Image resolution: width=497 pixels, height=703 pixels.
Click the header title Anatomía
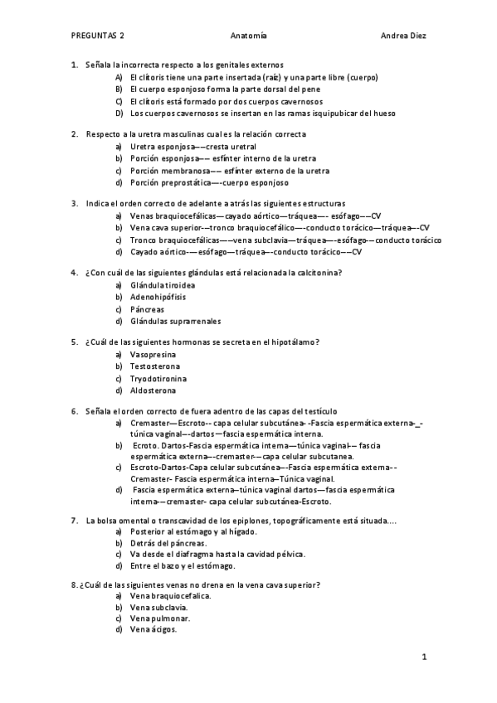coord(249,36)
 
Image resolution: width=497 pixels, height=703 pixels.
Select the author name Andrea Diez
coord(403,36)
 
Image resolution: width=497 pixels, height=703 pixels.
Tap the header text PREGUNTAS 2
coord(98,36)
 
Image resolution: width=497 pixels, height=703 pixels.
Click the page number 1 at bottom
coord(423,658)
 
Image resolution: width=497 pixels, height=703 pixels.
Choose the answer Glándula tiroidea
coord(162,284)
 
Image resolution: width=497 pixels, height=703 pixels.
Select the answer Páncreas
coord(148,308)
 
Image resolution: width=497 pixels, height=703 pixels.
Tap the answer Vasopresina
coord(153,354)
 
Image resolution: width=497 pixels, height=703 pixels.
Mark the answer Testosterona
coord(155,366)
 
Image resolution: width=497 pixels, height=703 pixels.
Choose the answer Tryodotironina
coord(158,378)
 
